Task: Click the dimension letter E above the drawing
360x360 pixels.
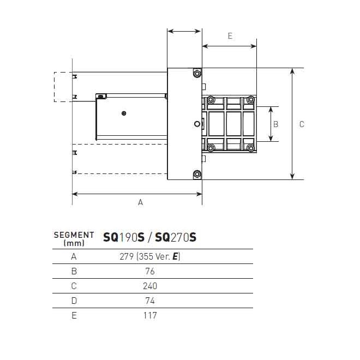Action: [x=230, y=36]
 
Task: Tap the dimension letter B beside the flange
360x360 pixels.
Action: [x=275, y=124]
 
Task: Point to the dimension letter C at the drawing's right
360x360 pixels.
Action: [x=302, y=124]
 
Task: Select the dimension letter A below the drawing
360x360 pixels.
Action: [x=140, y=202]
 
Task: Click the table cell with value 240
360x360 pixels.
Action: [x=151, y=286]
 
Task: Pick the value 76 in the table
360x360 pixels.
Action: [x=151, y=271]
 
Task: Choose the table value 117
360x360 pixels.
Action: [x=151, y=315]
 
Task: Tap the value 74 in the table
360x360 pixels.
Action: [x=151, y=301]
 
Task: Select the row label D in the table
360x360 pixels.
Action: [x=74, y=301]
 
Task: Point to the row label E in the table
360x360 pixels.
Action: [x=74, y=315]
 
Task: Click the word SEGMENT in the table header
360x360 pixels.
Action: [x=74, y=235]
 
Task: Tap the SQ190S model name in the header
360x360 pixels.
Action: [x=124, y=237]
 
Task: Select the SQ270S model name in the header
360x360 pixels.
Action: [x=176, y=237]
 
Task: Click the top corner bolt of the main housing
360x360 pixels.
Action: [x=197, y=73]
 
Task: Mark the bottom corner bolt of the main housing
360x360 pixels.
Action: [x=197, y=175]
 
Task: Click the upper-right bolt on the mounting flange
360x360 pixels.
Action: [x=250, y=100]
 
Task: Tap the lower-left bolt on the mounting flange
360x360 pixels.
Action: [x=210, y=148]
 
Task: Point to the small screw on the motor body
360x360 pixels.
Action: [x=125, y=113]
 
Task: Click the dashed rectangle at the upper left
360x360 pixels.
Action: [x=63, y=87]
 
